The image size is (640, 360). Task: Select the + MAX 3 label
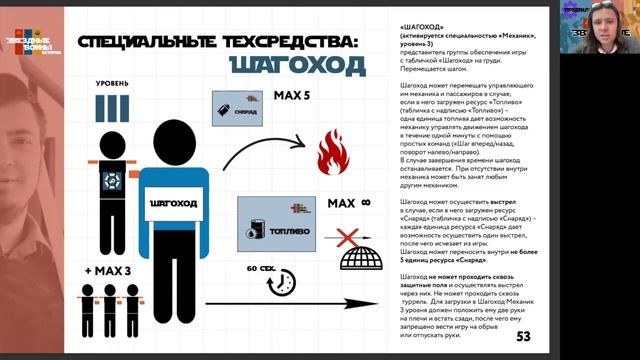coord(109,272)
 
